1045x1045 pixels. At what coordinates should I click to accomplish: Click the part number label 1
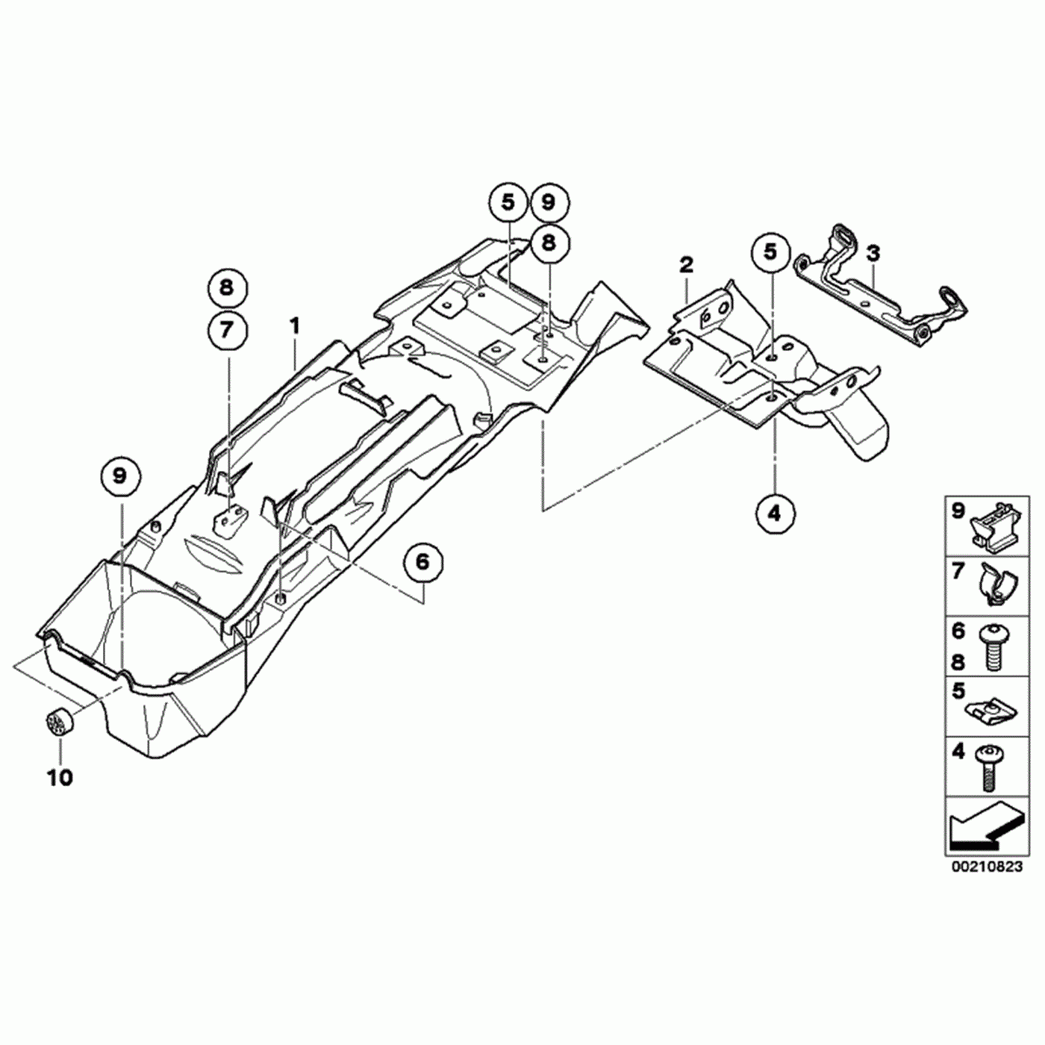point(295,325)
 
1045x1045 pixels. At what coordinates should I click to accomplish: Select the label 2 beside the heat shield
point(686,264)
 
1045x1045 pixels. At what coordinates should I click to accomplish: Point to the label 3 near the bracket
point(873,253)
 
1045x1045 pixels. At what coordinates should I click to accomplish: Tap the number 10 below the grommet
point(60,778)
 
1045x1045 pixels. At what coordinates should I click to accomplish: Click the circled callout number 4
point(775,513)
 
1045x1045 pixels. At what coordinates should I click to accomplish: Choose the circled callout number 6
point(423,561)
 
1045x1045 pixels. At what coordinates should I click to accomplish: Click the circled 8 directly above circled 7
point(227,287)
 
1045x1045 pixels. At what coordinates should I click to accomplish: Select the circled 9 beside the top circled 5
point(549,202)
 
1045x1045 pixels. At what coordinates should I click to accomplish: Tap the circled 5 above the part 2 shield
point(770,252)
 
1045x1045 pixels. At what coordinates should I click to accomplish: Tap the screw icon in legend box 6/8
point(993,646)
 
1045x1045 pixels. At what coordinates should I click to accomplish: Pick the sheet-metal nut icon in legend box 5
point(992,708)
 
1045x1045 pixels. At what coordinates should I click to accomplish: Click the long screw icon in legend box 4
point(989,767)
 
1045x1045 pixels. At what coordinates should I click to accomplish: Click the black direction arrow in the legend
point(981,829)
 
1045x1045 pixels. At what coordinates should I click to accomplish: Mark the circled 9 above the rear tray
point(120,475)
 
